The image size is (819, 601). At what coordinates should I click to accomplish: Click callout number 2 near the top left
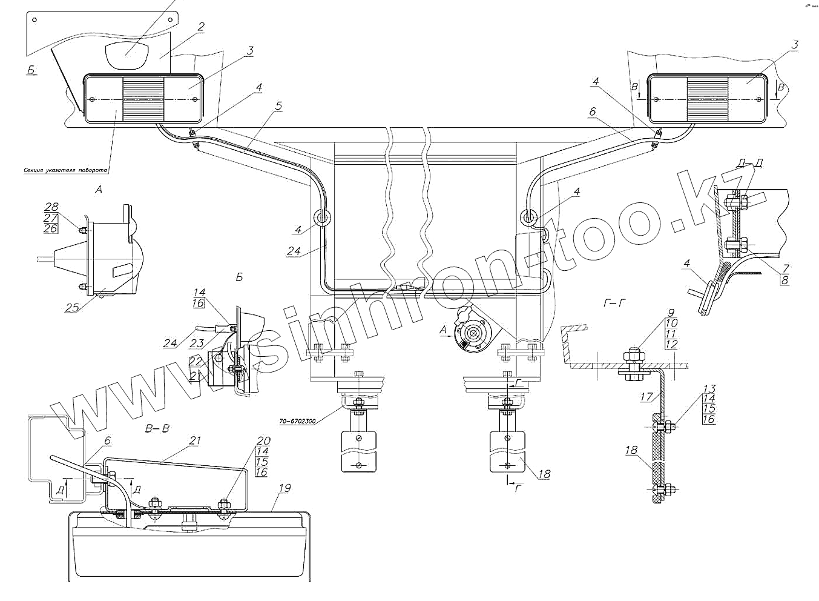click(x=201, y=27)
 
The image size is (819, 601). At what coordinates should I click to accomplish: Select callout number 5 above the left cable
click(x=278, y=106)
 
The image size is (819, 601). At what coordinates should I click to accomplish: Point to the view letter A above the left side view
click(x=99, y=190)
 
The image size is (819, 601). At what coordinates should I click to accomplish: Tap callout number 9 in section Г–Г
click(x=671, y=313)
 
